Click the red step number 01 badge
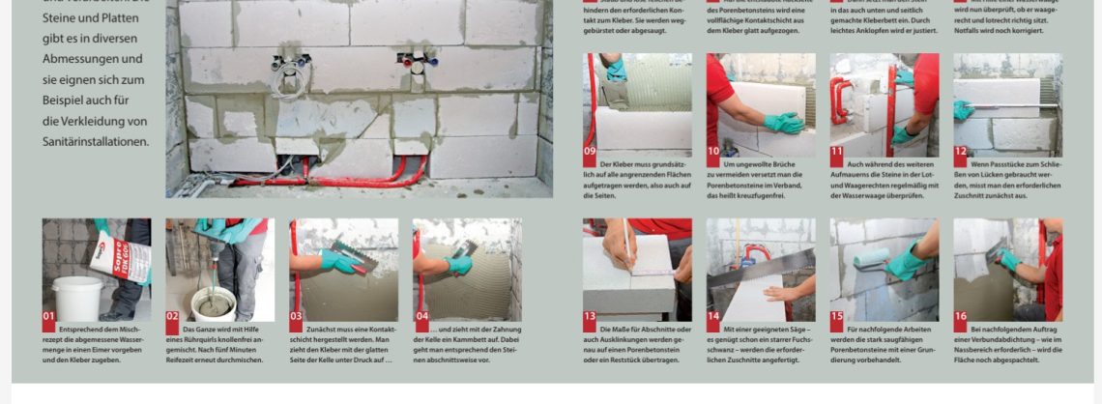coord(48,315)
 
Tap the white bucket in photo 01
coord(76,297)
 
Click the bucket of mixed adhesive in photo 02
coord(213,303)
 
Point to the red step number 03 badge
coord(296,315)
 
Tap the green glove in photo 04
coord(457,263)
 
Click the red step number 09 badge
coord(590,151)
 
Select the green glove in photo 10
coord(782,123)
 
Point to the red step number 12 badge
coord(961,151)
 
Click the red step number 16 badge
coord(961,315)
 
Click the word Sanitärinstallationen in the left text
coord(95,141)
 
